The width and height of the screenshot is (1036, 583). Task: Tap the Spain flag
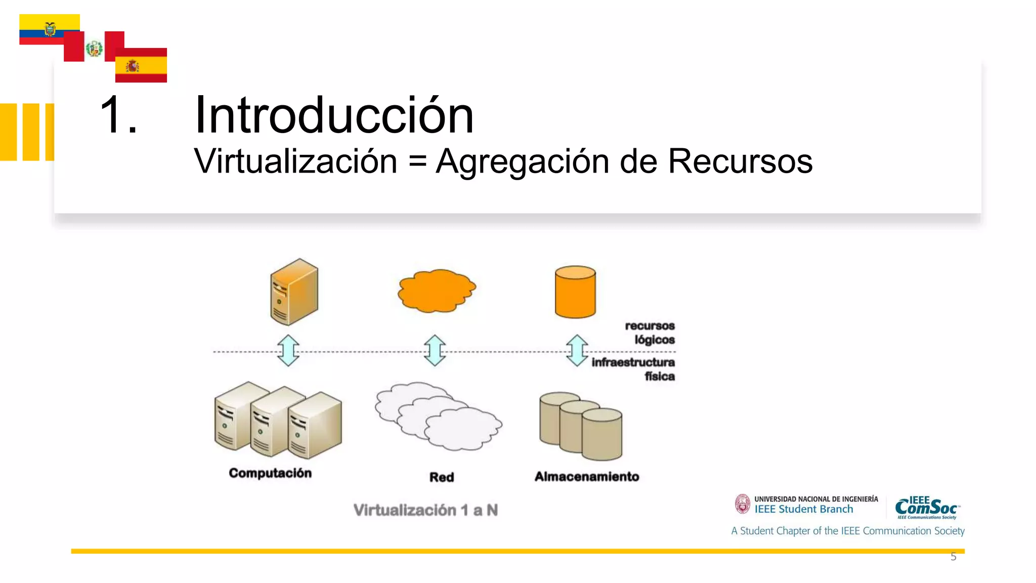click(x=141, y=66)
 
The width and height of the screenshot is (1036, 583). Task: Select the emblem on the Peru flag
click(x=94, y=49)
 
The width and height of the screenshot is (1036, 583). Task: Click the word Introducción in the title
click(x=334, y=115)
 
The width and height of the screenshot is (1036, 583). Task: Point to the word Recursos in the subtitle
click(x=740, y=161)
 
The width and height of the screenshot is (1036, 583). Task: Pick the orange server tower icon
click(x=294, y=291)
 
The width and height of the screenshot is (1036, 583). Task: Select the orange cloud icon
click(x=437, y=290)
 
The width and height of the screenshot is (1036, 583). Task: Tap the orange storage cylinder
click(x=575, y=291)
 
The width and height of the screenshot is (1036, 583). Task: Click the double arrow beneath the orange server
click(x=288, y=350)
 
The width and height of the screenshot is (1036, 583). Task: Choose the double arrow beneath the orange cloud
click(x=435, y=350)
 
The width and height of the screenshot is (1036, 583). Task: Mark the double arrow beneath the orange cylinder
click(x=577, y=350)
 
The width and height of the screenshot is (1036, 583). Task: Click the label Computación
click(x=270, y=473)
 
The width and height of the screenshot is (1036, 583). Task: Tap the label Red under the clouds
click(x=442, y=477)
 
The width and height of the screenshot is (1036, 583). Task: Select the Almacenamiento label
click(x=587, y=476)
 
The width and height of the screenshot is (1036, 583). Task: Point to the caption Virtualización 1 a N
click(x=425, y=510)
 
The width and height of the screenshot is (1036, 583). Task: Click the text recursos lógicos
click(x=652, y=332)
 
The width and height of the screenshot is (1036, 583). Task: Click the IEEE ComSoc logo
click(x=927, y=507)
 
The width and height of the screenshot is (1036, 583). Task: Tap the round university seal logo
click(x=743, y=504)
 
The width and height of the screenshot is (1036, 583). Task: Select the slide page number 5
click(x=953, y=557)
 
